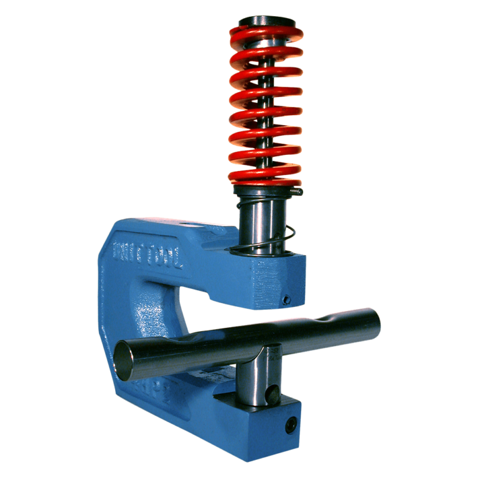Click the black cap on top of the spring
pos(266,21)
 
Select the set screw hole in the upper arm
pos(286,299)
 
